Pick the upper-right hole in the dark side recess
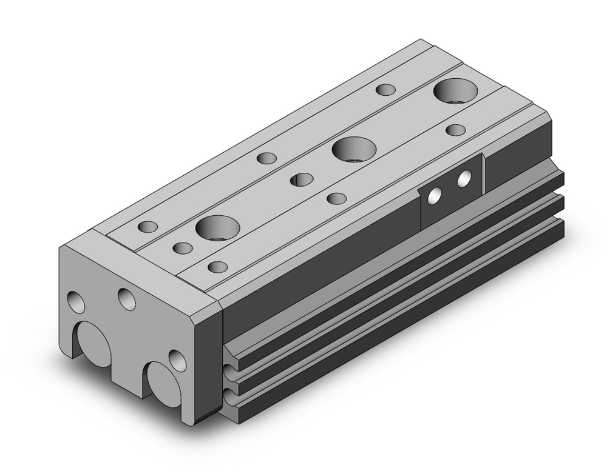point(465,178)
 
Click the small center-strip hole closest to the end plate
point(182,248)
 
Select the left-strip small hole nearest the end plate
point(148,227)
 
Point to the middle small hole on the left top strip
point(266,159)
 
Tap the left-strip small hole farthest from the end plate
point(385,90)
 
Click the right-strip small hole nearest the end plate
point(217,266)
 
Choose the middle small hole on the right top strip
point(336,198)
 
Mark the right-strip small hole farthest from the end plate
point(455,130)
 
